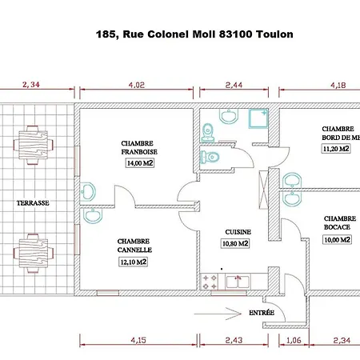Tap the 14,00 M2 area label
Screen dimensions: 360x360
(x=140, y=163)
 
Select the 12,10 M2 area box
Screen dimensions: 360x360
(x=133, y=262)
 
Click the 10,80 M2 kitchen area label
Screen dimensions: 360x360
(x=235, y=243)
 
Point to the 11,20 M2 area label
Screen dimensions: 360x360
(x=336, y=149)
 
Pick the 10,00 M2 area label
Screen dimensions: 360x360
(x=337, y=240)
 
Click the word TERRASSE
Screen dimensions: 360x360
(x=33, y=203)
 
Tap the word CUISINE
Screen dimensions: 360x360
(x=238, y=232)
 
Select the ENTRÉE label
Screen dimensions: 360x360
(x=262, y=313)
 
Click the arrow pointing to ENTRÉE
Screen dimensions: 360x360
(x=218, y=314)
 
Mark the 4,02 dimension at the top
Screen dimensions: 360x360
(x=137, y=85)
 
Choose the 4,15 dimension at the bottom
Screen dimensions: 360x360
(x=138, y=340)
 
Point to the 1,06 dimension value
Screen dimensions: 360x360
(x=294, y=340)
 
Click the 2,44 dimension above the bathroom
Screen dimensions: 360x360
(x=234, y=85)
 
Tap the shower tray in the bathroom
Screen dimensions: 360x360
(x=258, y=118)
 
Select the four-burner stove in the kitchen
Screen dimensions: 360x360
(x=210, y=282)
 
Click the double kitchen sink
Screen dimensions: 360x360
(x=238, y=282)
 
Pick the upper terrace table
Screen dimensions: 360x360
(x=34, y=145)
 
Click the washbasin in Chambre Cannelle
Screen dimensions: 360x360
(x=93, y=215)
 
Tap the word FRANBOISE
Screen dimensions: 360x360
(x=139, y=152)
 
